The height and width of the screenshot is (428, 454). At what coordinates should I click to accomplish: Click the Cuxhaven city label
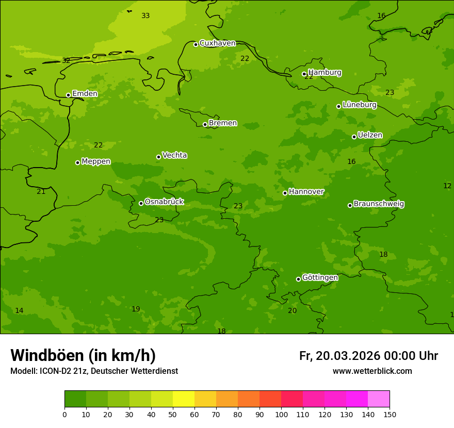pos(217,43)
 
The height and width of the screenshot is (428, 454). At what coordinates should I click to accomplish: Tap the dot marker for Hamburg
pos(304,74)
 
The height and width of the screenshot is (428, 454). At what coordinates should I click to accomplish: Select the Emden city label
pos(85,94)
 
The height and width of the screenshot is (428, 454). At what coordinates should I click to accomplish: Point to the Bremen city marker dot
pos(205,124)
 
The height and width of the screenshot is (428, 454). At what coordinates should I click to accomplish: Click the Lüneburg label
pos(359,105)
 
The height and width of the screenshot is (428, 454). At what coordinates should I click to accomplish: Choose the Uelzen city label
pos(370,135)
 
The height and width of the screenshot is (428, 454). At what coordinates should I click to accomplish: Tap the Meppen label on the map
pos(96,161)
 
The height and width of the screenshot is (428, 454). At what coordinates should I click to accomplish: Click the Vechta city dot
pos(158,157)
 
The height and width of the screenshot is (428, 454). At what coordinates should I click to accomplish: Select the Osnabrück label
pos(164,202)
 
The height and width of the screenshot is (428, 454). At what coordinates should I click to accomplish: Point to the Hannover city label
pos(306,192)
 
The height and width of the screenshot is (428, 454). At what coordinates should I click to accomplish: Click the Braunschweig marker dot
pos(350,205)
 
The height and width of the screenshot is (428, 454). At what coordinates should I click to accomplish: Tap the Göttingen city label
pos(320,277)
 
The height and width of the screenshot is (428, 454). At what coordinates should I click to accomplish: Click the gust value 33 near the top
pos(145,16)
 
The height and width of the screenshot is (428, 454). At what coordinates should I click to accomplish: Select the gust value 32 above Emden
pos(66,61)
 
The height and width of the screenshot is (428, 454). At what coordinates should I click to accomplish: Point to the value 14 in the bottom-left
pos(19,311)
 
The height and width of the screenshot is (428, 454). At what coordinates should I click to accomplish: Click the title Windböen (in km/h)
pos(83,355)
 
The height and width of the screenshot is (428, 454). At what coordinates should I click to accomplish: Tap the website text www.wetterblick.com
pos(372,371)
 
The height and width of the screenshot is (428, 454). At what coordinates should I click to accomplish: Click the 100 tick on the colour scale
pos(281,414)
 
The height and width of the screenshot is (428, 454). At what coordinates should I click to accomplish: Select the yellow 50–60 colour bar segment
pos(184,399)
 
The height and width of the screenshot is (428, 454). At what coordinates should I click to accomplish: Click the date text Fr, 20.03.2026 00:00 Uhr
pos(368,356)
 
